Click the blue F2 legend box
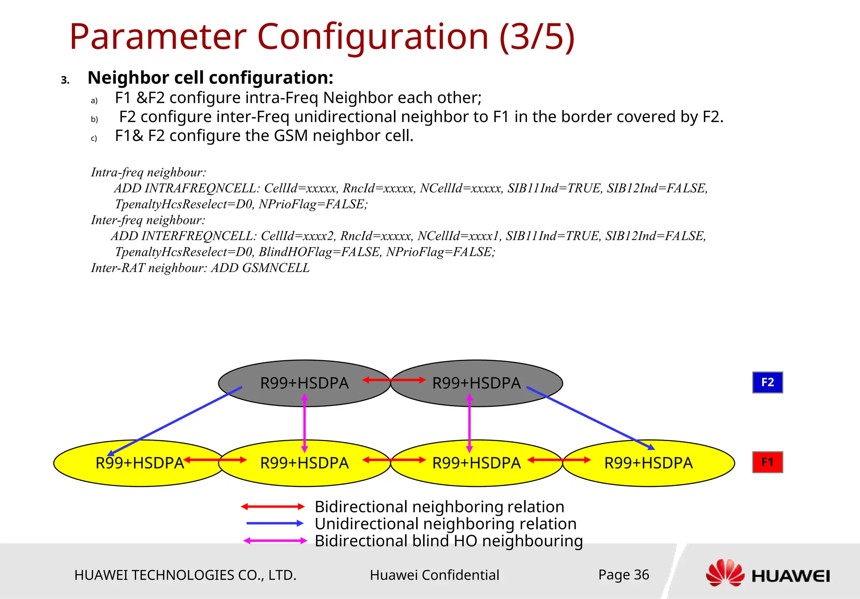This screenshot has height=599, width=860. pos(767,382)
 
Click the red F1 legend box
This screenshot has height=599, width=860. pos(767,462)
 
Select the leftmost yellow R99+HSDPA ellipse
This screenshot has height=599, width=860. pos(139,463)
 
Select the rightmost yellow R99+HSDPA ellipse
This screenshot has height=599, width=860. pos(648,463)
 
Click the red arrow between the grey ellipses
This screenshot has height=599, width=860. pos(394,380)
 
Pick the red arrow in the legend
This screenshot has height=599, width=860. pos(273,507)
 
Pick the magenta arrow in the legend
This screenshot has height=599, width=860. pos(275,541)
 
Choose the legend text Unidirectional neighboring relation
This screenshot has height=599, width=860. pos(446,524)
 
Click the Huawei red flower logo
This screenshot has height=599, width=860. pos(725,573)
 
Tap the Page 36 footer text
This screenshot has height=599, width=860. pos(624,575)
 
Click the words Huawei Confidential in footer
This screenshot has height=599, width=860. pos(434,575)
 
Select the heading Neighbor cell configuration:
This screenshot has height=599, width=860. pos(210,78)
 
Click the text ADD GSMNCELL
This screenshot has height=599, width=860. pos(260,268)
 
